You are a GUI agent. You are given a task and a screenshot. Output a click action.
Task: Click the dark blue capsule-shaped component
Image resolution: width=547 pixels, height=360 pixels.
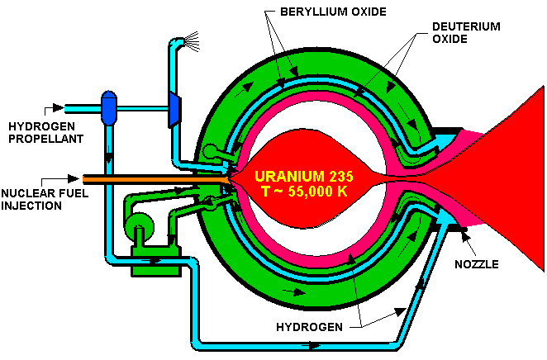point(108,108)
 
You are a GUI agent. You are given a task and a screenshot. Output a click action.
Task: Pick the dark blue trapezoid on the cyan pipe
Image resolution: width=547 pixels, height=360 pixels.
point(174,108)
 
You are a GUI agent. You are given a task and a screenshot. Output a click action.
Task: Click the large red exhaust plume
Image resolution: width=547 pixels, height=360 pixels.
point(496,178)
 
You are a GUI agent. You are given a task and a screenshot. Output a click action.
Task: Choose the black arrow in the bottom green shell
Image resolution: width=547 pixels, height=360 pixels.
point(291,291)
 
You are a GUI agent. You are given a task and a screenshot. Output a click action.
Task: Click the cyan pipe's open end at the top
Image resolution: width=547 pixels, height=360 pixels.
point(174,40)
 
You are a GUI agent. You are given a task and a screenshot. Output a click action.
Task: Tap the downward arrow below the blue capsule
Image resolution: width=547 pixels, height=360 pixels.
point(108,157)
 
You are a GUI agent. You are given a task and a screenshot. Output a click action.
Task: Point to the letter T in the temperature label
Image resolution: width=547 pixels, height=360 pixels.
point(265,191)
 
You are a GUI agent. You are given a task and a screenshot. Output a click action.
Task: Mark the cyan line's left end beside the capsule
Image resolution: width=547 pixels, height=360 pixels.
point(67,108)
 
